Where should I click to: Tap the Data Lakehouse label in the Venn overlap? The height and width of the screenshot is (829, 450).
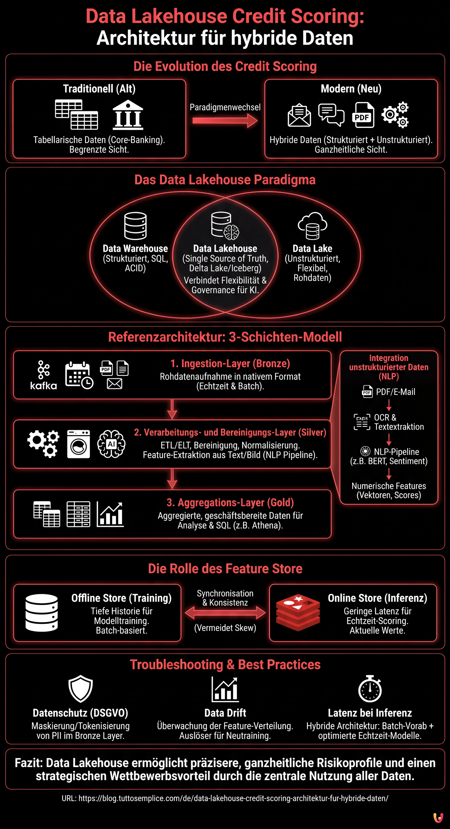pos(225,248)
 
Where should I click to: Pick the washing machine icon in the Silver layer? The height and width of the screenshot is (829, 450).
pos(79,444)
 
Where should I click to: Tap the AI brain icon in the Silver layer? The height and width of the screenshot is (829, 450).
pos(111,444)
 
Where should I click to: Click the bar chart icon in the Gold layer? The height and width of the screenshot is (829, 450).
pos(110,514)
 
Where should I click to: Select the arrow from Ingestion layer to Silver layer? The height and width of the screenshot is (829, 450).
pos(172,409)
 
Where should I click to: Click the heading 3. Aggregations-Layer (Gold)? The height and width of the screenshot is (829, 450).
pos(230,502)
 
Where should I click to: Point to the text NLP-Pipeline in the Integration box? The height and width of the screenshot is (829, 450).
pos(396,452)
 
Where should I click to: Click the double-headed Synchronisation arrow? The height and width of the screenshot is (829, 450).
pos(225,612)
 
